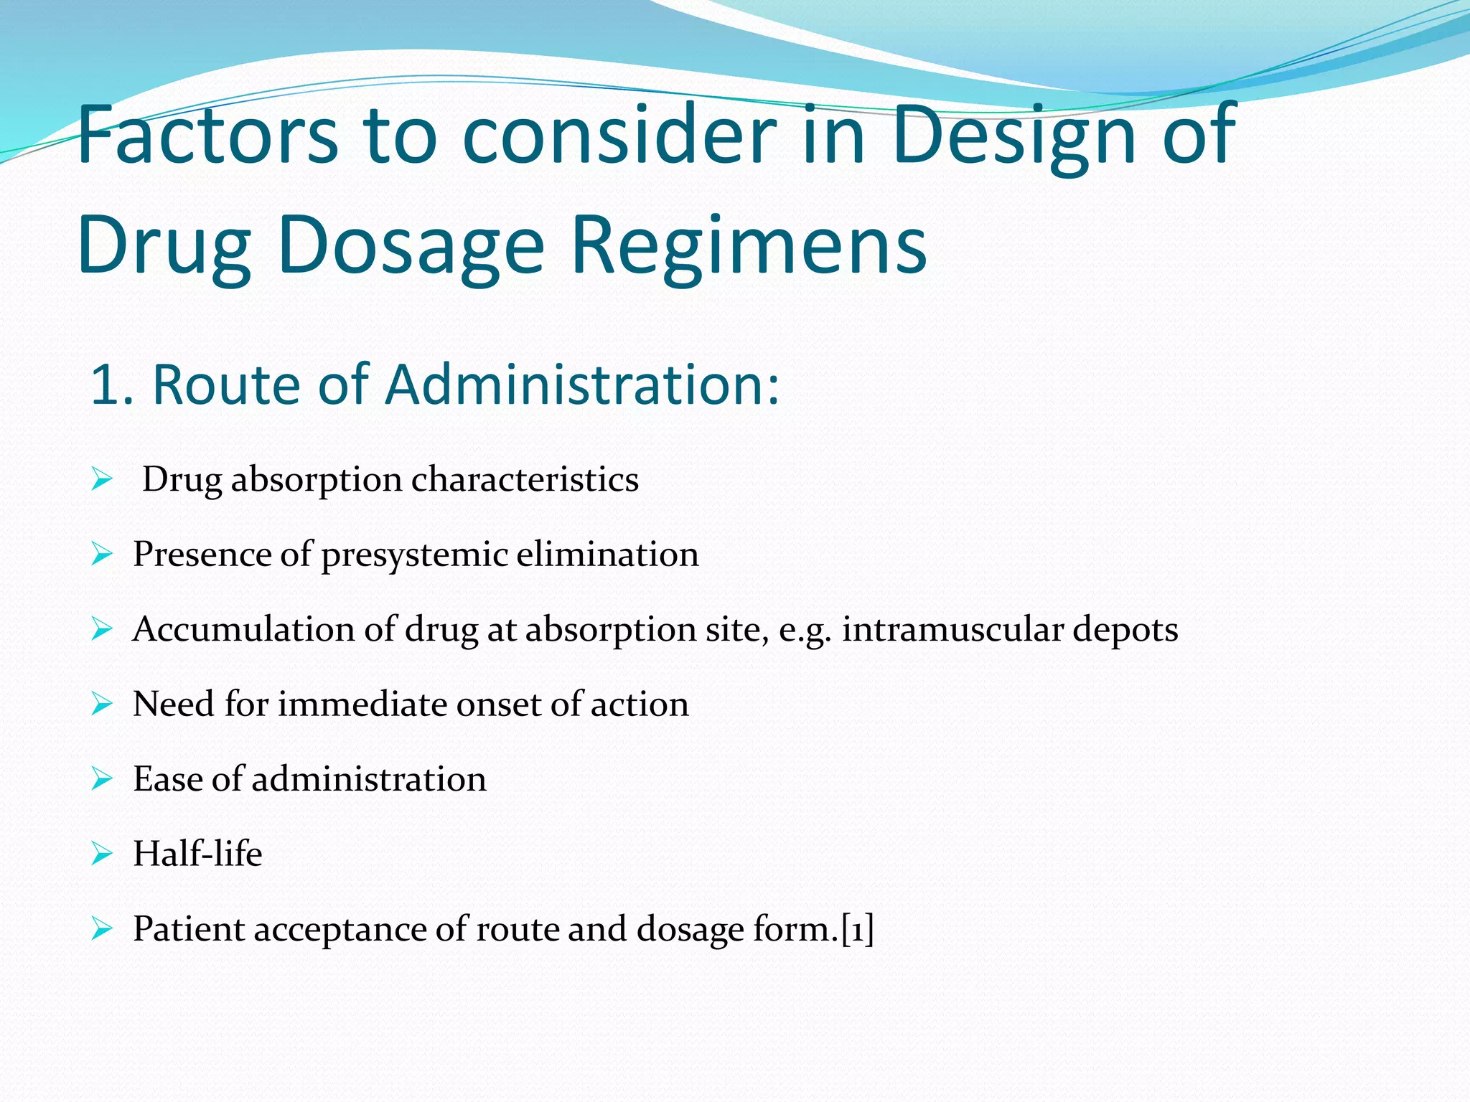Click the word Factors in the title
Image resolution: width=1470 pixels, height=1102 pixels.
click(x=207, y=135)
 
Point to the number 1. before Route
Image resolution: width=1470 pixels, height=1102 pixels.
click(x=112, y=385)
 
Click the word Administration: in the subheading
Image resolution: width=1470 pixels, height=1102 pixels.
click(x=582, y=385)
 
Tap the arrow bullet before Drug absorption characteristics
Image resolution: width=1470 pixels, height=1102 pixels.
click(x=102, y=479)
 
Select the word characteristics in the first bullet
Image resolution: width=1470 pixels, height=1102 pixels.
click(x=525, y=479)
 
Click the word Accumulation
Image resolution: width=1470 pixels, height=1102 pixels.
click(x=243, y=629)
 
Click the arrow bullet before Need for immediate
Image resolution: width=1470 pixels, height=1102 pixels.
click(x=102, y=704)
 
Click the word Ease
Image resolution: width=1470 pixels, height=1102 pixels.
click(x=167, y=779)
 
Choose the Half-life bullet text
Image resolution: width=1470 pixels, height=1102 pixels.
click(x=197, y=854)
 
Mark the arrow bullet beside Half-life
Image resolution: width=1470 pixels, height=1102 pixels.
click(x=102, y=854)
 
